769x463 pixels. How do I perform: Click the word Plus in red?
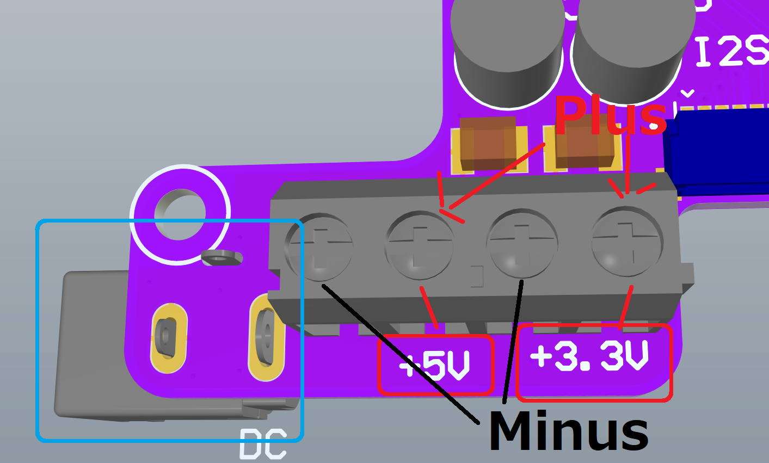[x=610, y=115]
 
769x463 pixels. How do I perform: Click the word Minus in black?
[x=568, y=431]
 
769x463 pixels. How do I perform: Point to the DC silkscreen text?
[x=263, y=443]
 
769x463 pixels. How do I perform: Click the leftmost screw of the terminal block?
[x=319, y=248]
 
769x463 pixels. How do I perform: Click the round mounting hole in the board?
[x=180, y=214]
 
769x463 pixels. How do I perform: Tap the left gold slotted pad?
[x=169, y=338]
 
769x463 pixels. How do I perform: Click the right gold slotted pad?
[x=267, y=337]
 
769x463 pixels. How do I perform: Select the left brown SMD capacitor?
[x=487, y=143]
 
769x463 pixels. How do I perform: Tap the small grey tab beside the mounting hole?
[x=221, y=257]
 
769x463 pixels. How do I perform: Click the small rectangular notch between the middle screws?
[x=476, y=276]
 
